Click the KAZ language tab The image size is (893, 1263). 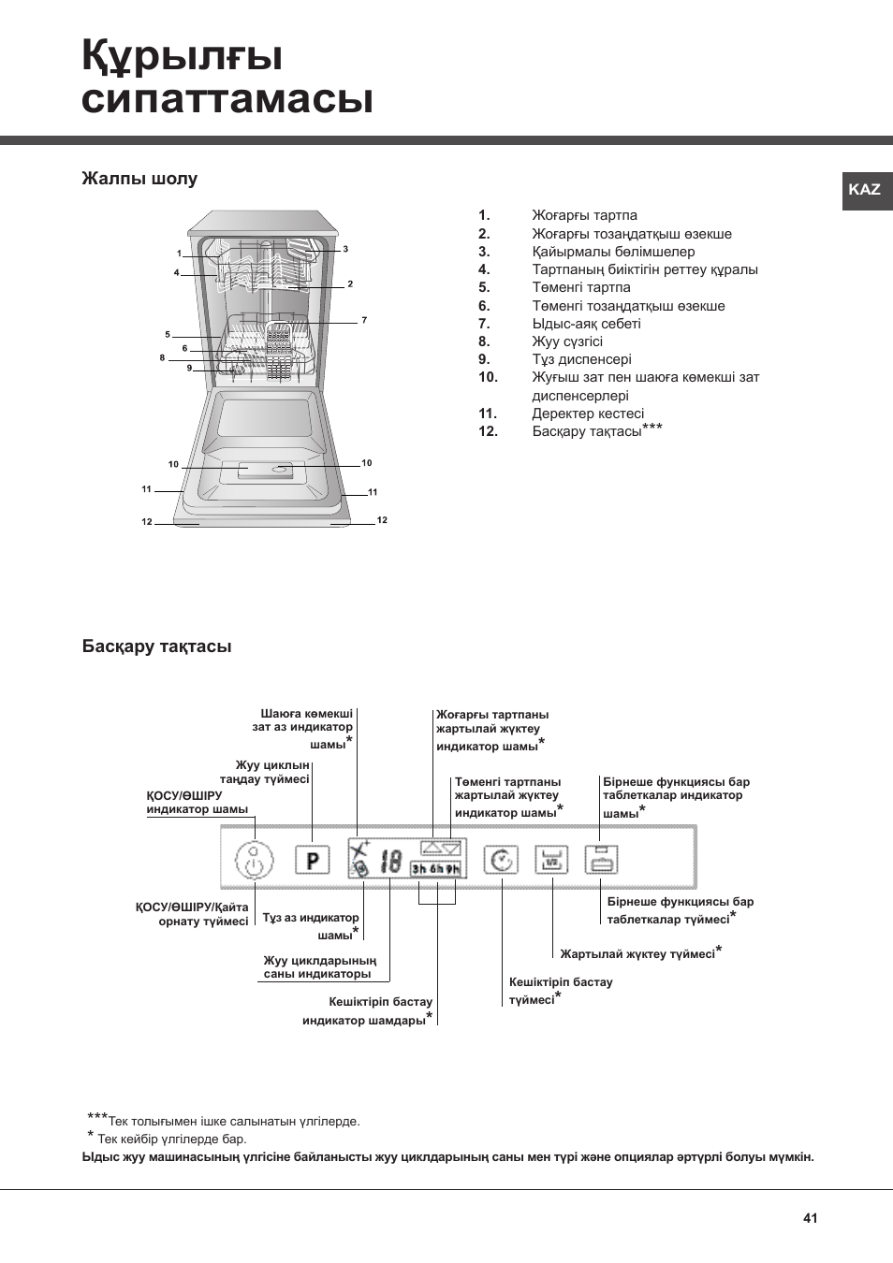pos(865,189)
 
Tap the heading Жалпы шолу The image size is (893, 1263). pos(139,179)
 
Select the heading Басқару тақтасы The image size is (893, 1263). pos(156,646)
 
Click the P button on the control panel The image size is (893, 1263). pos(313,860)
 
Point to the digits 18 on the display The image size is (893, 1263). pos(391,861)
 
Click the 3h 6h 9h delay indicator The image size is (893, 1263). pos(436,869)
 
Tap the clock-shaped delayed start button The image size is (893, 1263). pos(503,860)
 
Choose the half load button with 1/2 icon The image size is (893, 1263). pos(551,860)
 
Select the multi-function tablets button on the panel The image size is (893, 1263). pos(601,860)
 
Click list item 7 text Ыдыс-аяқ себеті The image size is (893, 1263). pos(586,324)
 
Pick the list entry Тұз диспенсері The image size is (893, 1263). pos(581,359)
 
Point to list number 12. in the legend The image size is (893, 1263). pos(488,431)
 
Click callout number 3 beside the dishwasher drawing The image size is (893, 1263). pos(345,249)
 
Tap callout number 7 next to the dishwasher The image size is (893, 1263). pos(364,320)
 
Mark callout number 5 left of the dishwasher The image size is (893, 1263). pos(168,334)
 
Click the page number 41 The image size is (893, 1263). pos(810,1218)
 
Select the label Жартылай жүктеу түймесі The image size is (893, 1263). pos(637,954)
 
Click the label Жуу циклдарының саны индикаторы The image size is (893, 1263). pos(319,967)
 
